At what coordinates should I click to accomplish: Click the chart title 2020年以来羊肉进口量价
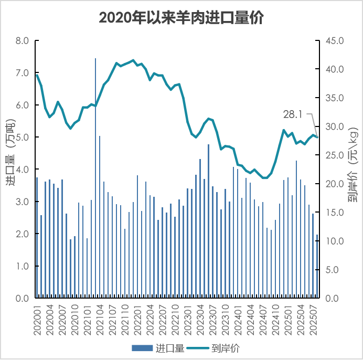[x=181, y=18]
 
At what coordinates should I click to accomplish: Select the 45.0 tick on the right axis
[x=334, y=41]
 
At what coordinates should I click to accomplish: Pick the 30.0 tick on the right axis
[x=334, y=127]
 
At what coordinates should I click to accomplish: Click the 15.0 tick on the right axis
[x=334, y=213]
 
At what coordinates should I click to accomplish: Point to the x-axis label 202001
[x=37, y=317]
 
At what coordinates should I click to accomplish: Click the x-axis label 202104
[x=100, y=317]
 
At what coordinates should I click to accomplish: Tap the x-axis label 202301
[x=188, y=317]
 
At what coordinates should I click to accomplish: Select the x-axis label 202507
[x=313, y=317]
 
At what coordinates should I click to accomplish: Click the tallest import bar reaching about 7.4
[x=95, y=178]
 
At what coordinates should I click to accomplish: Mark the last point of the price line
[x=317, y=137]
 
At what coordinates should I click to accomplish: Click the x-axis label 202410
[x=275, y=317]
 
